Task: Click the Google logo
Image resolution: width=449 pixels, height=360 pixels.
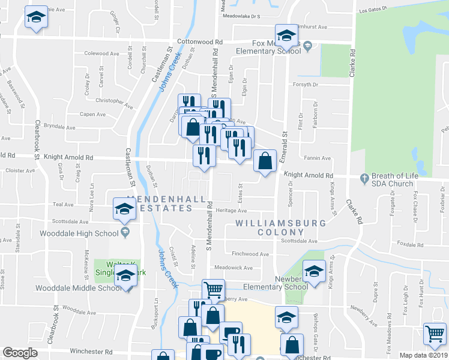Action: click(x=20, y=353)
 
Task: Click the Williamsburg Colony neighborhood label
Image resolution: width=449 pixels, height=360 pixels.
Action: click(x=280, y=228)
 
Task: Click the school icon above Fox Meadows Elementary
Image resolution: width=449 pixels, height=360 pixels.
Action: click(x=286, y=34)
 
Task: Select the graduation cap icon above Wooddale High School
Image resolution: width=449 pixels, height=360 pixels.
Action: click(x=125, y=209)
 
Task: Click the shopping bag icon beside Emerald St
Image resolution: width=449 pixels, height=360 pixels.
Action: click(x=265, y=161)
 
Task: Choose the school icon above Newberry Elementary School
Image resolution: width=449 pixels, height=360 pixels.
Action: click(x=313, y=271)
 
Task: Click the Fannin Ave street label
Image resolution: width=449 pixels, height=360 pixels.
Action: click(x=318, y=158)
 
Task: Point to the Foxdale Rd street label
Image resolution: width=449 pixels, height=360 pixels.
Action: click(x=411, y=245)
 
